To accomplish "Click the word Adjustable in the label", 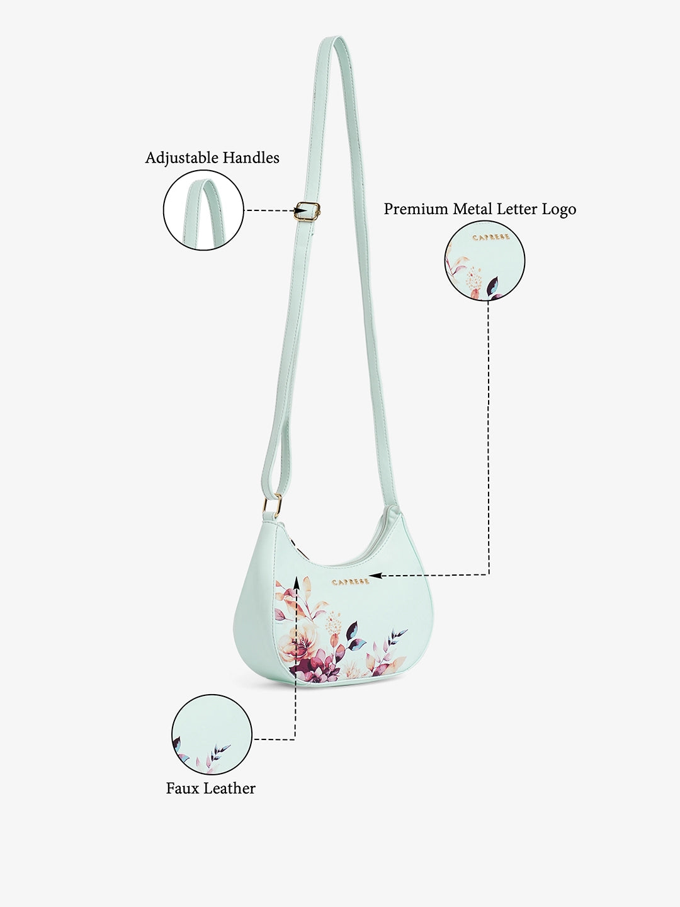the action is (x=182, y=158).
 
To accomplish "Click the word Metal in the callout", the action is (x=472, y=208).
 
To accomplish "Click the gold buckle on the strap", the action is (x=308, y=211).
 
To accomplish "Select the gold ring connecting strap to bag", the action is (x=273, y=505).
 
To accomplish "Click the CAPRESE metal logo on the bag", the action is (x=351, y=582).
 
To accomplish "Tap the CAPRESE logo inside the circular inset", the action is (x=491, y=237).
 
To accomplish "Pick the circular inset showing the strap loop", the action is (x=203, y=210).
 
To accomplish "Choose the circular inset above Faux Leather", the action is (x=212, y=734).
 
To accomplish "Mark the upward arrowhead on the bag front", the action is (x=296, y=582).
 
